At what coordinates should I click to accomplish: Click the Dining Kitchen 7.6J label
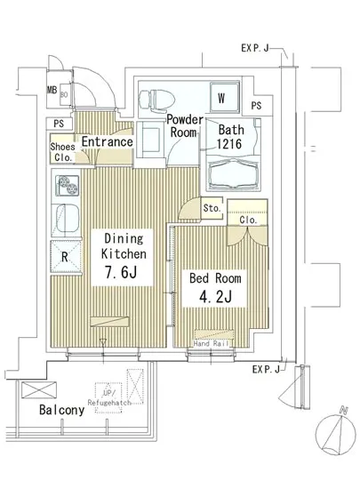tap(122, 256)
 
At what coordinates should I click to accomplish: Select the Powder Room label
tap(185, 126)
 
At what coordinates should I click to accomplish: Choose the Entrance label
tap(107, 142)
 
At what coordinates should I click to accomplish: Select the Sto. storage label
tap(211, 209)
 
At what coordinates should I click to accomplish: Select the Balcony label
tap(61, 410)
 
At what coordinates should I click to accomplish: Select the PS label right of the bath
tap(256, 107)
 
